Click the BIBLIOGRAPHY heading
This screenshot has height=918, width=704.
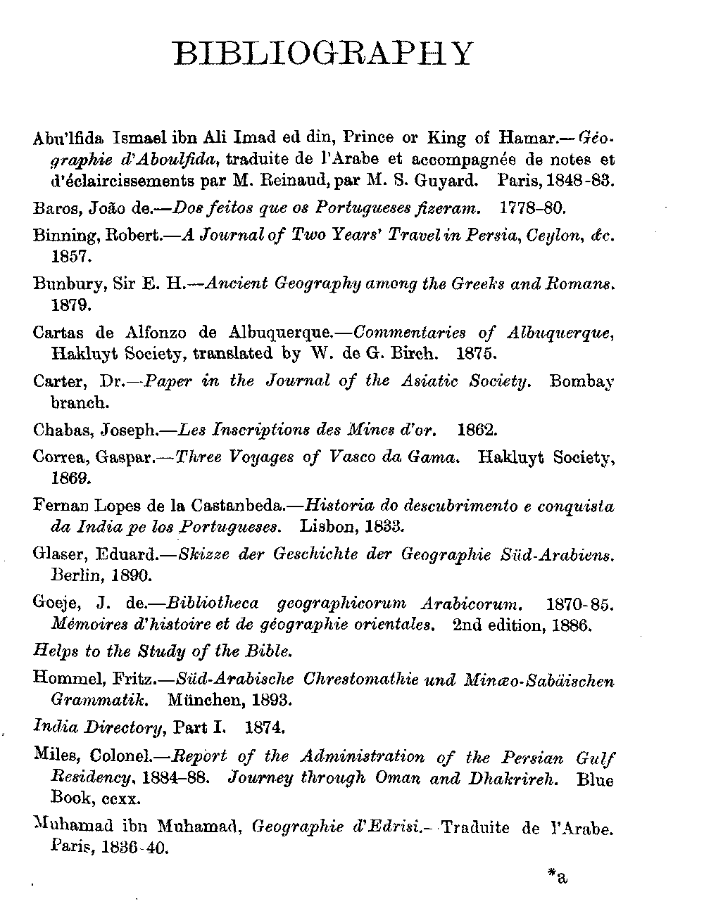click(323, 53)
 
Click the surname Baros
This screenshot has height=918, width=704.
click(51, 209)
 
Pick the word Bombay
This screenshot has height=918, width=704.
click(581, 382)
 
